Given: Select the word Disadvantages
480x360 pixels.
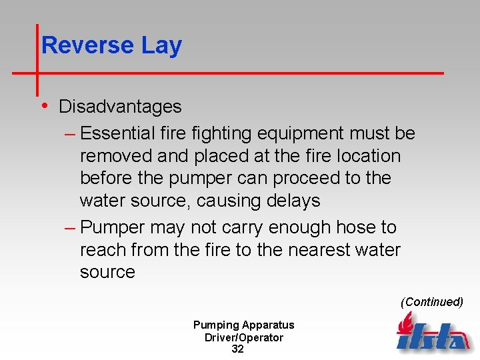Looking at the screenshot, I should tap(120, 107).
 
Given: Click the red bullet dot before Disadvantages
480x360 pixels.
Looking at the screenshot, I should tap(43, 105).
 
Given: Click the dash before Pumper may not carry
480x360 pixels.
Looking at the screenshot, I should tap(70, 228).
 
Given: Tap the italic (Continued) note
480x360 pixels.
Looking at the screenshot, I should tap(432, 302).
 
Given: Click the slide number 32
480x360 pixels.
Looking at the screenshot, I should tap(237, 349).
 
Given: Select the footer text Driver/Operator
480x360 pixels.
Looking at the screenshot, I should tap(244, 337).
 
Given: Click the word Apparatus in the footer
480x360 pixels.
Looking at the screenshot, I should tap(269, 325).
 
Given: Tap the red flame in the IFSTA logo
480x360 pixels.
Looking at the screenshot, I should tap(405, 324).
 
